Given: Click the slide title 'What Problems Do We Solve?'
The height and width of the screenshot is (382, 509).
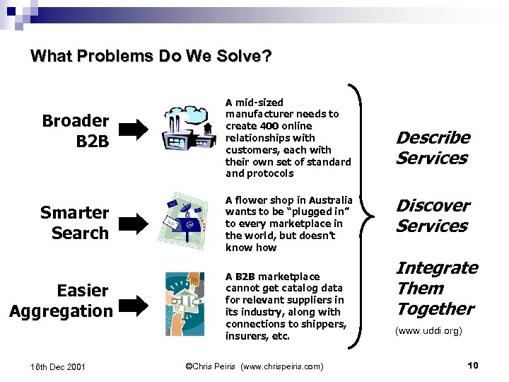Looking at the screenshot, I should click(x=151, y=56).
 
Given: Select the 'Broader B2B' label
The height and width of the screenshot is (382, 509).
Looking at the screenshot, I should click(x=75, y=131).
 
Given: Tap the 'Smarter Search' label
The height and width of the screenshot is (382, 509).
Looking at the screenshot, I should click(x=74, y=222).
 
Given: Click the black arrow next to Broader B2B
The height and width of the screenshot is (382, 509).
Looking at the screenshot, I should click(x=133, y=129).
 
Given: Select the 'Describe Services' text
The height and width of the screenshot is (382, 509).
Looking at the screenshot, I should click(x=433, y=148).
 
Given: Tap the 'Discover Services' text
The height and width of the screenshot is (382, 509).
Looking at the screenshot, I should click(x=432, y=216).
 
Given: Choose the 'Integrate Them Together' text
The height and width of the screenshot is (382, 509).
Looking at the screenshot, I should click(x=436, y=288).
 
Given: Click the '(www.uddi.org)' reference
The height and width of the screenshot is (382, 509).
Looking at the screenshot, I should click(x=429, y=330).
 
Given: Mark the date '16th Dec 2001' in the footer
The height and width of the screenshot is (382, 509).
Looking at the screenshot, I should click(x=58, y=366).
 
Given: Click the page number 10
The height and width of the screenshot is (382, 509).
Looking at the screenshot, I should click(x=473, y=365).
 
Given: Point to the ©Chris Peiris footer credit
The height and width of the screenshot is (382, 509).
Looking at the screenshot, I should click(x=254, y=366).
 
